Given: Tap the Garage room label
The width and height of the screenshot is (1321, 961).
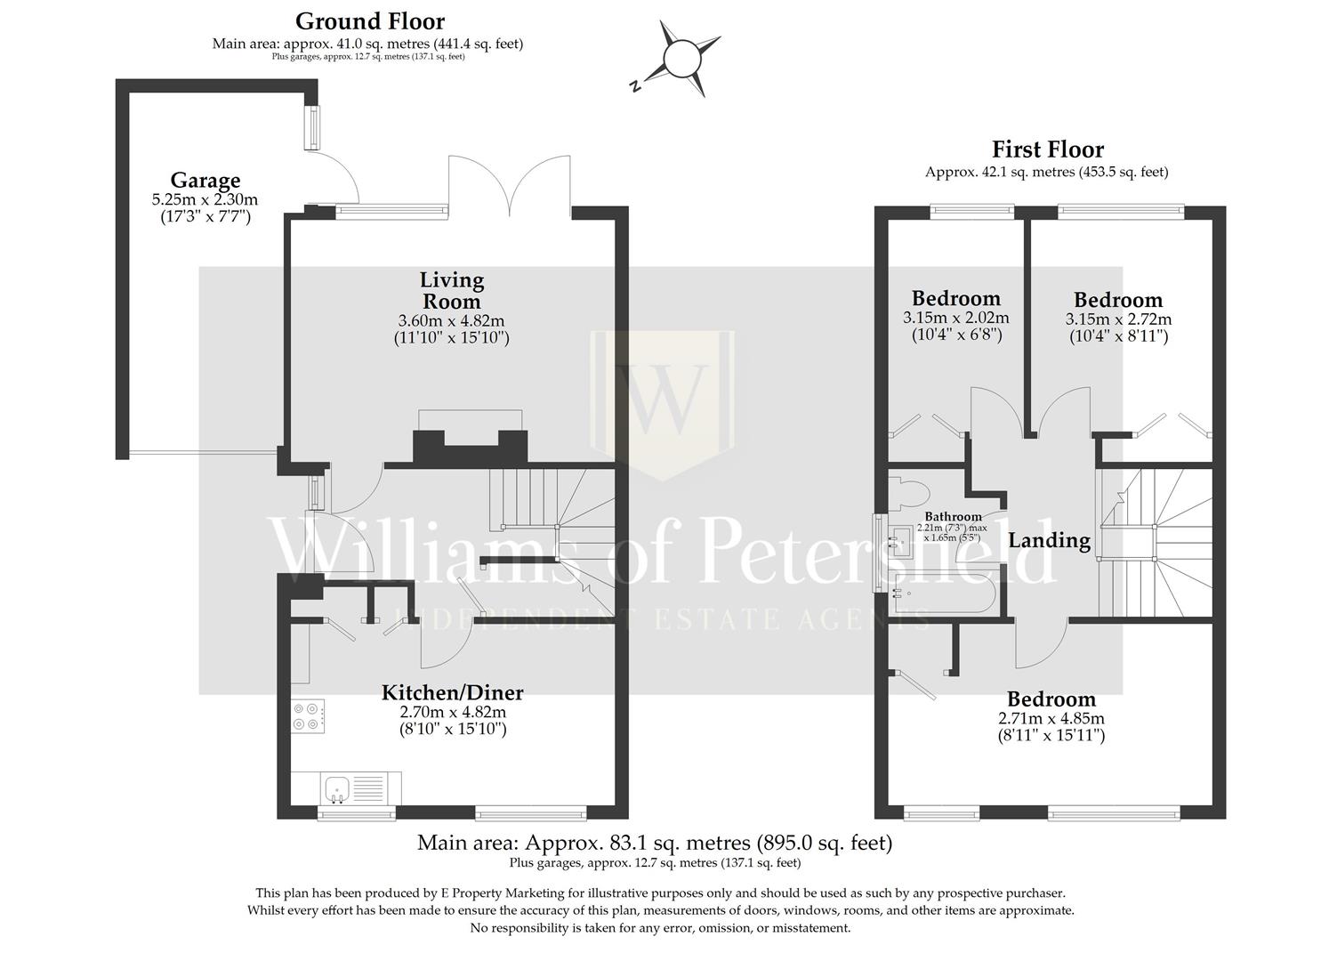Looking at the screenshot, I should tap(205, 181).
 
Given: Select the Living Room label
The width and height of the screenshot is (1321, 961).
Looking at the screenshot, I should tap(451, 290).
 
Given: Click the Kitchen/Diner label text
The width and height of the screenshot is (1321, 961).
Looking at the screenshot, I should tap(452, 692).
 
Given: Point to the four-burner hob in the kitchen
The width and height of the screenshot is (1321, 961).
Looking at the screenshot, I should tap(308, 716).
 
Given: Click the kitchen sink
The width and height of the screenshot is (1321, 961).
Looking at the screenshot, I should tap(337, 787).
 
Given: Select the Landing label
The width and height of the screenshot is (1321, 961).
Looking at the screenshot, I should tap(1048, 540).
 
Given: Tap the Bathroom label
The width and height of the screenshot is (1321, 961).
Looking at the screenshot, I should tap(953, 516).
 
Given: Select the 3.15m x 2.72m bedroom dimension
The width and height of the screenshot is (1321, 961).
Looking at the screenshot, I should tap(1117, 319).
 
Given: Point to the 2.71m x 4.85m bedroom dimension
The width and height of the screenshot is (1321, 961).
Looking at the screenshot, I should tap(1051, 719).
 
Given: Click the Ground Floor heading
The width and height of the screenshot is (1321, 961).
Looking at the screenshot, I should tap(369, 20).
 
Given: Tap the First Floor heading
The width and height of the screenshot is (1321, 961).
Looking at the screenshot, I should tap(1047, 149).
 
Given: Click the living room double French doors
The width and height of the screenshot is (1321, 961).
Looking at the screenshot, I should tap(510, 187).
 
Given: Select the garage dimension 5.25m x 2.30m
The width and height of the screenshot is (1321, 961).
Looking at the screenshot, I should tap(205, 200).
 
